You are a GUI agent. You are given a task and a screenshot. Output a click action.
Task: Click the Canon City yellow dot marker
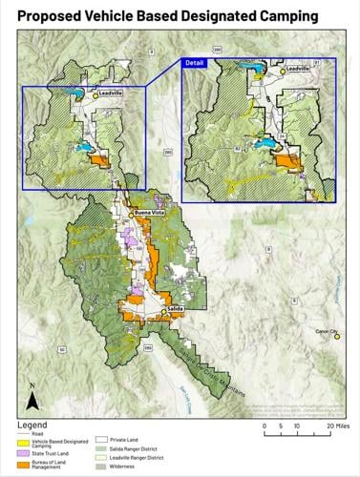[335, 337]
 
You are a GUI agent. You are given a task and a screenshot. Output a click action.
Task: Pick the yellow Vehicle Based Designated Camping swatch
[27, 442]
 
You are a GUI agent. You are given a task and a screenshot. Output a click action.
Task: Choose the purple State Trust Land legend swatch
[27, 454]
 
